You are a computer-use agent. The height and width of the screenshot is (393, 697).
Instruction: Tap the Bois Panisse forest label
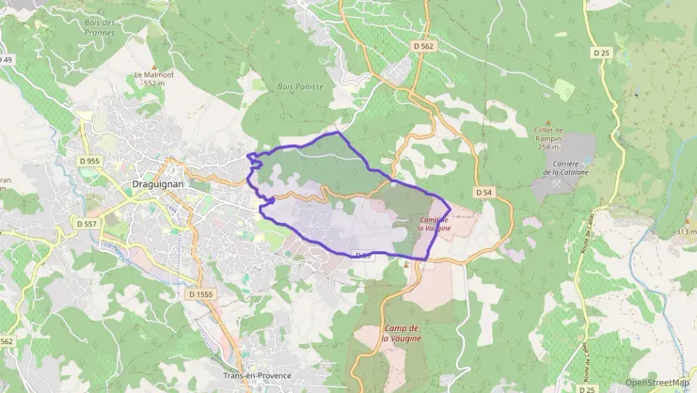coord(300,87)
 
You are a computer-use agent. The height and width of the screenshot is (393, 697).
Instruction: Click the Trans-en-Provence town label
coord(257,376)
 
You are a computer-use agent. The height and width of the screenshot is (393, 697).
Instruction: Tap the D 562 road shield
coord(423,46)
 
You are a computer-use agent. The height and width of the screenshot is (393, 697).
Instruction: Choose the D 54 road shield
coord(483,192)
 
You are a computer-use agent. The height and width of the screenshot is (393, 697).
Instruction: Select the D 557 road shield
coord(86,222)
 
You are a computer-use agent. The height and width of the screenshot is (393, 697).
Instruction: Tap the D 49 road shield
coord(6,60)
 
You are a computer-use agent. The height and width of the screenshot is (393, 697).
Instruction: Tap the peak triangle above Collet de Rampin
coord(549,122)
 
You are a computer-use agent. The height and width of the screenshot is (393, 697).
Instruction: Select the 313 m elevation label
coord(685,232)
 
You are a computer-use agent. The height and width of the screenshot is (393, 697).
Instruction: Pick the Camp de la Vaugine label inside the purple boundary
coord(434,224)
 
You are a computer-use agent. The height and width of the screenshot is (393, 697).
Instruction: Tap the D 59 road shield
coord(363,256)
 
